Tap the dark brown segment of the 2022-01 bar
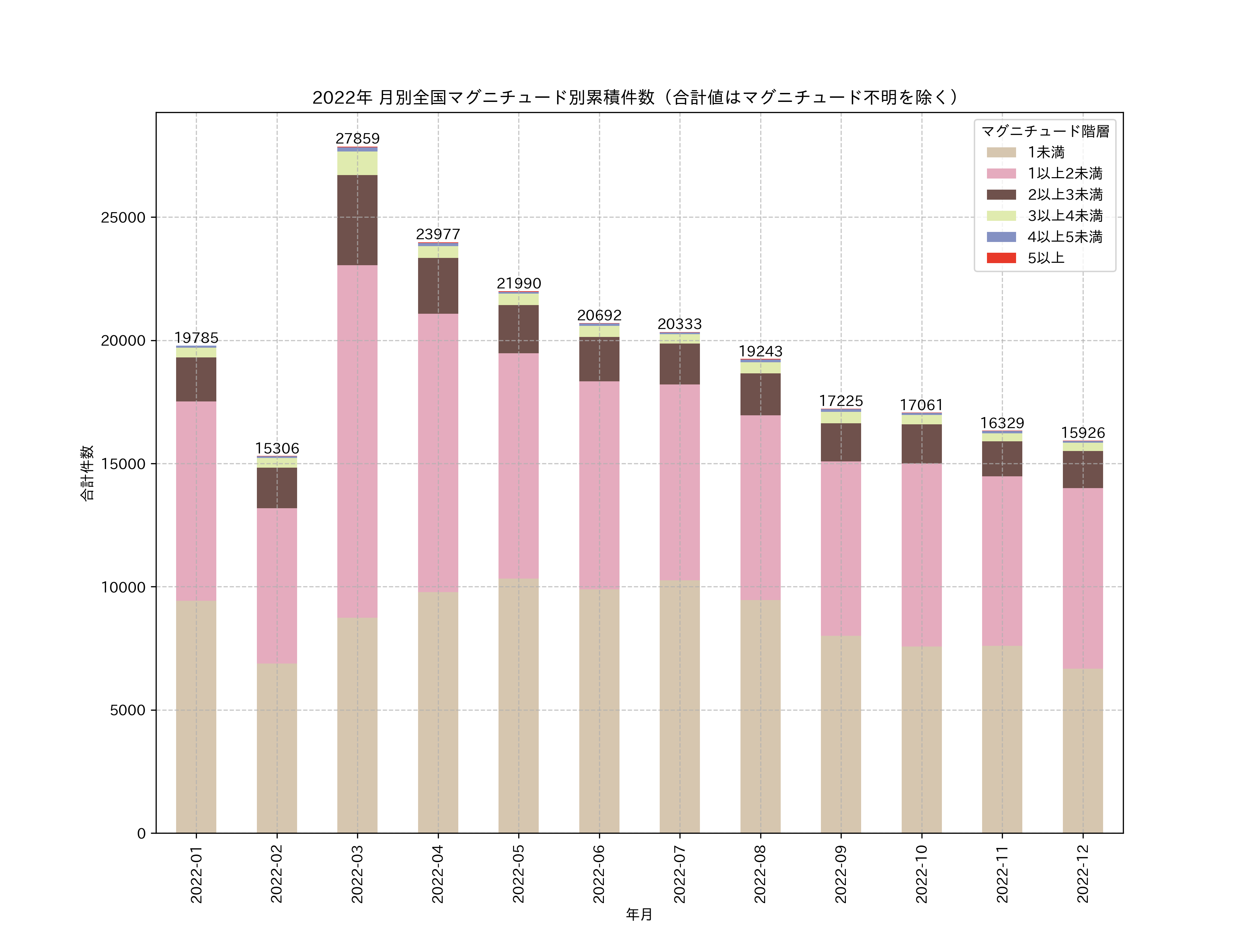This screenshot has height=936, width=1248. [196, 379]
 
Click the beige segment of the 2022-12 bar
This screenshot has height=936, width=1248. [1082, 751]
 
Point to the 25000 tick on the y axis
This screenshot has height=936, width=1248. [123, 218]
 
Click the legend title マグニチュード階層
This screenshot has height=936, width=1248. [1045, 131]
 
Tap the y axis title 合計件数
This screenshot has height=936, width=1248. [86, 473]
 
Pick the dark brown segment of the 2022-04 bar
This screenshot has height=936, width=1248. [438, 286]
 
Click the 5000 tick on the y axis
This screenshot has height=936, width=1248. [128, 710]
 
